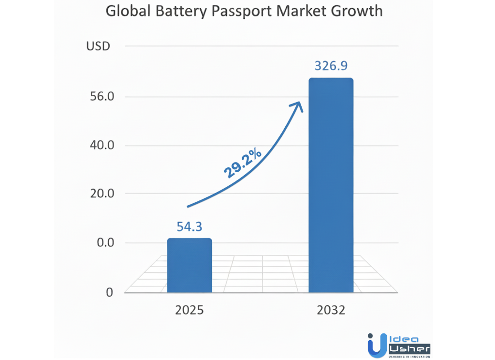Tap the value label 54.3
(189, 226)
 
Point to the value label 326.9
(331, 66)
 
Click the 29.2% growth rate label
(243, 165)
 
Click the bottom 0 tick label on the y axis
(109, 292)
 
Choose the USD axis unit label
(99, 46)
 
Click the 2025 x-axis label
(189, 310)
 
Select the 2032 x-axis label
(331, 310)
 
